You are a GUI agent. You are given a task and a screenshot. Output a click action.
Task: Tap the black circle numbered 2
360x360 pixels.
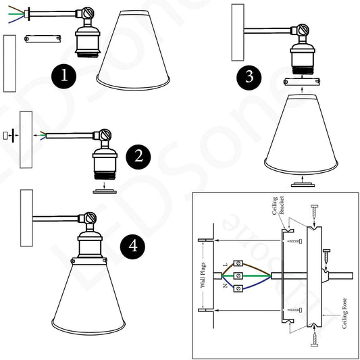138,157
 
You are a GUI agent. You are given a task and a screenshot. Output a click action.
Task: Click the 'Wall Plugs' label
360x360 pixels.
201,274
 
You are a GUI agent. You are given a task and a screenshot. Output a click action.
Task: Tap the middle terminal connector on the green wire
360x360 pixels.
238,276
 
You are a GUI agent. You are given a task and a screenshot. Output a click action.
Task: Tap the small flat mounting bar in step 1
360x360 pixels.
37,39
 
